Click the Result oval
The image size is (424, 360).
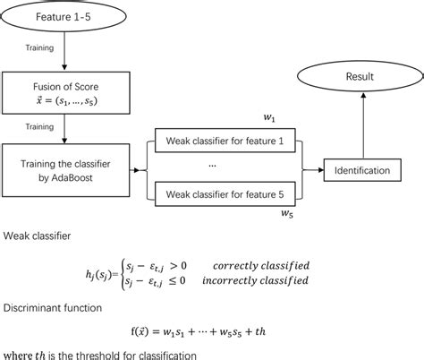tap(360, 79)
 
